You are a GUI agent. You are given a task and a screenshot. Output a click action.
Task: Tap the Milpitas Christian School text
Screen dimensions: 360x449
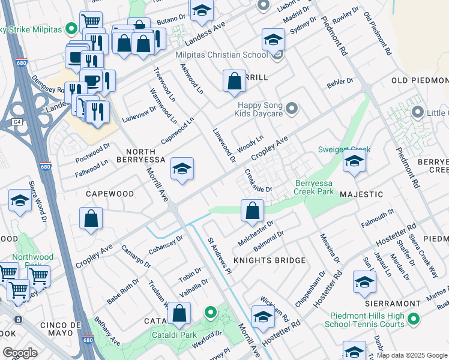(221, 55)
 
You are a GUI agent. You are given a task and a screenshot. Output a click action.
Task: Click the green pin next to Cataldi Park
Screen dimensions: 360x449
(210, 312)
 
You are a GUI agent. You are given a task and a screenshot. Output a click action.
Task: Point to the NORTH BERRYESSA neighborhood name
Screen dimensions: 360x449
(154, 155)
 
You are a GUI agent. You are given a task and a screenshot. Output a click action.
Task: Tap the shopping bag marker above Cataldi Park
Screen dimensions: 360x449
(179, 313)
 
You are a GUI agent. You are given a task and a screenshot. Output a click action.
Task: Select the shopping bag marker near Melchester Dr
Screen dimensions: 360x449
(252, 210)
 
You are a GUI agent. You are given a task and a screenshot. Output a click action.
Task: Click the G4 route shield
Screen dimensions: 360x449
(16, 122)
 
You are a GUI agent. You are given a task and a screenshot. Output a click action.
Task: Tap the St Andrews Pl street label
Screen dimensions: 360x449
(219, 256)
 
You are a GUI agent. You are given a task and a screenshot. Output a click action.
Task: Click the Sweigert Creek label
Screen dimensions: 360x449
(345, 149)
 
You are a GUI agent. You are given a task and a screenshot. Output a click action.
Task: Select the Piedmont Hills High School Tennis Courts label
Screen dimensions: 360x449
(368, 319)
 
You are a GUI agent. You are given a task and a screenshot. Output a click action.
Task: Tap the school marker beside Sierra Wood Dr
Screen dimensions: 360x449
(20, 202)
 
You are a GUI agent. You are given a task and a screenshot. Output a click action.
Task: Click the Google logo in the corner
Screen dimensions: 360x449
(20, 352)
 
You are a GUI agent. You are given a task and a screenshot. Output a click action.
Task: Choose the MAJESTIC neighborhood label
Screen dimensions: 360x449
(361, 194)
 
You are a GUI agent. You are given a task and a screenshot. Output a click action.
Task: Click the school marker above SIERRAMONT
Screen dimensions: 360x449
(364, 281)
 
